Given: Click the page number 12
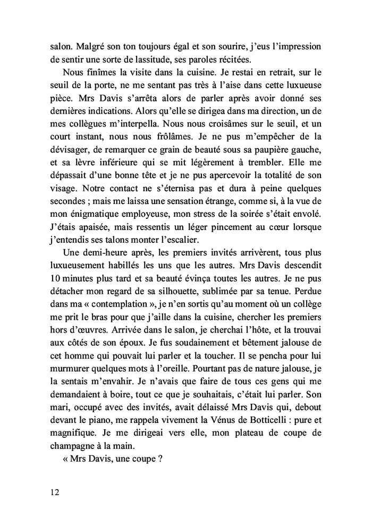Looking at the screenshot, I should [52, 491].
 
